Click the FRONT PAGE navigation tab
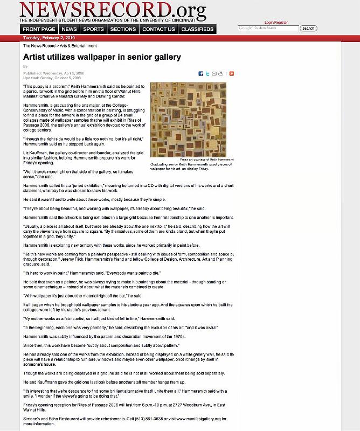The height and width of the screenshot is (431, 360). [39, 29]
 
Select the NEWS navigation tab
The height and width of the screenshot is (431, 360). [69, 29]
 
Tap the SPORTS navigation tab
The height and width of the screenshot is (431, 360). [94, 29]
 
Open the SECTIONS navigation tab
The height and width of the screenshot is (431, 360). [123, 29]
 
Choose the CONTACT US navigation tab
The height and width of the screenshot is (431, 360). [158, 29]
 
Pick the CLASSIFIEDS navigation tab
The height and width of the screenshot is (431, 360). [198, 29]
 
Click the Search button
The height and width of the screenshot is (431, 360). [308, 28]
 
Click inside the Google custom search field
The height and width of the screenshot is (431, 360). [268, 28]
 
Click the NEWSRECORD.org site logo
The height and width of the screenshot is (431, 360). [113, 10]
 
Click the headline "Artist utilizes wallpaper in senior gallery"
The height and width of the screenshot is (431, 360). [102, 57]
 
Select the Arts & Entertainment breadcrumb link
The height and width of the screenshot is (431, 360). [74, 46]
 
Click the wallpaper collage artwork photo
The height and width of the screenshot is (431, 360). [188, 120]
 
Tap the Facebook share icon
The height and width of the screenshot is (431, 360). [200, 73]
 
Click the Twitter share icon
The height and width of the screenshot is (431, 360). [207, 73]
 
